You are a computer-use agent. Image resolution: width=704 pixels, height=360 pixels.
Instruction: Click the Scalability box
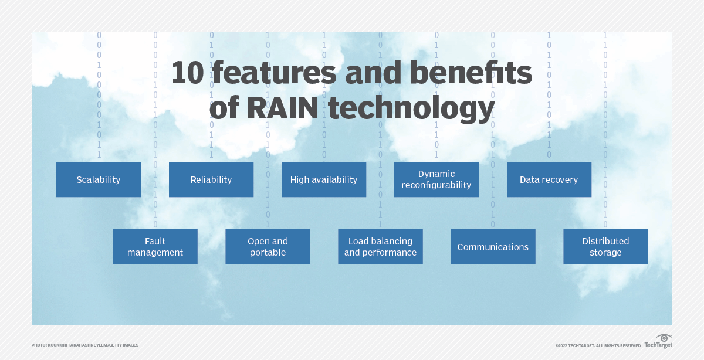point(99,179)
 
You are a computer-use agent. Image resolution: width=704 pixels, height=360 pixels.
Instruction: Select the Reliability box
point(211,179)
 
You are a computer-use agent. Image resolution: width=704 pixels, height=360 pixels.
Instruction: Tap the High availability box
point(324,179)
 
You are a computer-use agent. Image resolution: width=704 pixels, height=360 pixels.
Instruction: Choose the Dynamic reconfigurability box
point(436,179)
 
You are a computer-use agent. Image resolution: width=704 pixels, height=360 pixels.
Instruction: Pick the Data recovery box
point(549,179)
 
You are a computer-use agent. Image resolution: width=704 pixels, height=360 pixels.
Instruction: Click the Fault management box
point(155,247)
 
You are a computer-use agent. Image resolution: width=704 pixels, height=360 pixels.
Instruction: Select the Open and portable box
point(268,247)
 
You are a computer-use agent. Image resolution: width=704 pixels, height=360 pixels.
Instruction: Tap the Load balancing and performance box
point(380,247)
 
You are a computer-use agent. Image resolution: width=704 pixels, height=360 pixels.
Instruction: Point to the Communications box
point(493,247)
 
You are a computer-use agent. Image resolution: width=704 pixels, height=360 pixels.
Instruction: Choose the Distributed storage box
point(605,247)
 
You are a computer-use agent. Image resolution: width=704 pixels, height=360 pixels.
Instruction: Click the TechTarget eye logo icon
point(664,339)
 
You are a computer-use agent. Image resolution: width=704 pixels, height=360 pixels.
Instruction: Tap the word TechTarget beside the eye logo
point(658,345)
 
